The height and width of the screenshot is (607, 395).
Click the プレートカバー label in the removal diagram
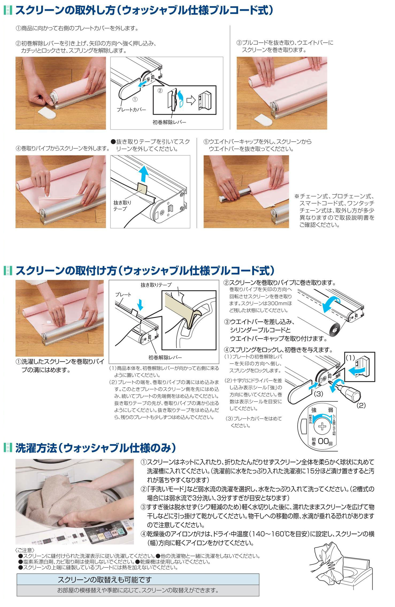(132, 110)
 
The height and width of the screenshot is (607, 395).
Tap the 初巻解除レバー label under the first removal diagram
(169, 122)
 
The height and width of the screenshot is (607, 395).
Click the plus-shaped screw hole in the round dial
(323, 426)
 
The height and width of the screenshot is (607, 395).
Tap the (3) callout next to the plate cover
(318, 394)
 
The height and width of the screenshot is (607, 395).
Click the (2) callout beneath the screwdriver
(361, 405)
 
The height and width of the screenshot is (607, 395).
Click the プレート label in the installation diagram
(123, 294)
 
